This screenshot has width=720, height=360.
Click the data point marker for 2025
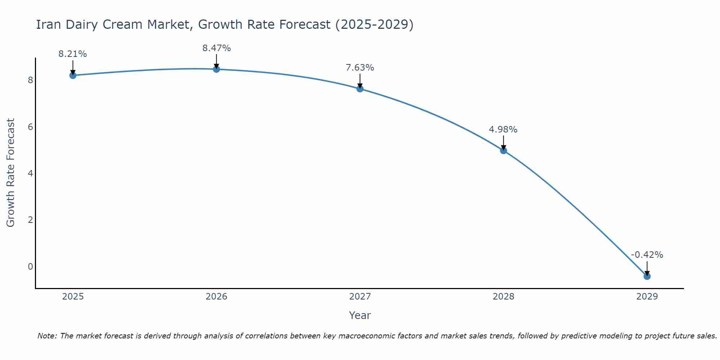click(73, 75)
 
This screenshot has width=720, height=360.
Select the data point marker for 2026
click(216, 69)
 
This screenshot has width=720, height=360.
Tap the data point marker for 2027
click(360, 89)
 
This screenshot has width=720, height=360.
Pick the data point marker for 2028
click(503, 150)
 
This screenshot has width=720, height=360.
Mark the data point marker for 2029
click(647, 276)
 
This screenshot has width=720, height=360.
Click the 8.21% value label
click(73, 54)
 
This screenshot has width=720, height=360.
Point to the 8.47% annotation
click(216, 48)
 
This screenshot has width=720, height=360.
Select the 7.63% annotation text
click(360, 67)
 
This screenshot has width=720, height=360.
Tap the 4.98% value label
click(503, 129)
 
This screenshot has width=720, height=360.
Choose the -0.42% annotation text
click(647, 255)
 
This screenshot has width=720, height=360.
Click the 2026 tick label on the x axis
click(216, 297)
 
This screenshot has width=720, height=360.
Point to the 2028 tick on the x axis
click(503, 297)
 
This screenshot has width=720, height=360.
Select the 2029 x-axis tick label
click(647, 297)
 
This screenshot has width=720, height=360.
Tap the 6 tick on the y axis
click(30, 127)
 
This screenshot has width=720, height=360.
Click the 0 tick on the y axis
click(30, 266)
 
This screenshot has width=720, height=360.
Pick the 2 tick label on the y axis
click(30, 220)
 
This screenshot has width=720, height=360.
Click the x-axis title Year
click(360, 315)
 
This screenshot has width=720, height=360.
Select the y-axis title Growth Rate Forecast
click(11, 173)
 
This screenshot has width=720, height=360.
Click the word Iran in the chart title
click(49, 24)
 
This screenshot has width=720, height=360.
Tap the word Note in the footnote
click(47, 336)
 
